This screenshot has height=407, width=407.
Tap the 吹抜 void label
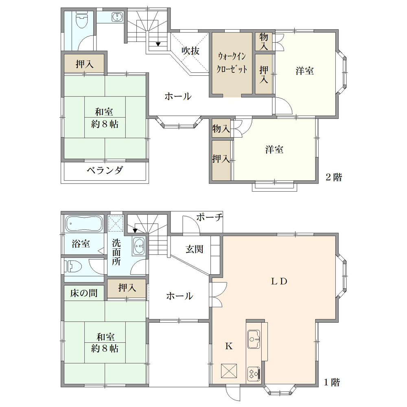pos(190,50)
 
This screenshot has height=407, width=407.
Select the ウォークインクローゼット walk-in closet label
pos(232,63)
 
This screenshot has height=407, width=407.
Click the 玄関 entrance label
pos(194,249)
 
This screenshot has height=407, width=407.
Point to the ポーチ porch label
pos(210,217)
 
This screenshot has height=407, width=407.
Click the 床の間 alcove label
pos(84,293)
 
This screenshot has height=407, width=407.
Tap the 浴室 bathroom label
pos(81,244)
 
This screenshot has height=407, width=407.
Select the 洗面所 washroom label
pos(116,252)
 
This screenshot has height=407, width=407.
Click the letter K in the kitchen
pos(229,346)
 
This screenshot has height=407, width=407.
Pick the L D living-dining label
pos(279,281)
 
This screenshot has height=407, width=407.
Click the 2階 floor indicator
pos(334,177)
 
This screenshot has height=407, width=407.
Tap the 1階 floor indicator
pos(332,382)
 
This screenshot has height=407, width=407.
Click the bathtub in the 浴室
pos(84,223)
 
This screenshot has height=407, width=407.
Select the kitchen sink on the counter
pos(254,339)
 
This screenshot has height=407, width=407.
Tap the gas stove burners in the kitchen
pos(254,374)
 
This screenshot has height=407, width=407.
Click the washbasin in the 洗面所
pos(139,246)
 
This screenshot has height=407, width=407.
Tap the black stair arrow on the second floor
pos(158,44)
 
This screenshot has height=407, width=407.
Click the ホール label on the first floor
pos(179,296)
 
